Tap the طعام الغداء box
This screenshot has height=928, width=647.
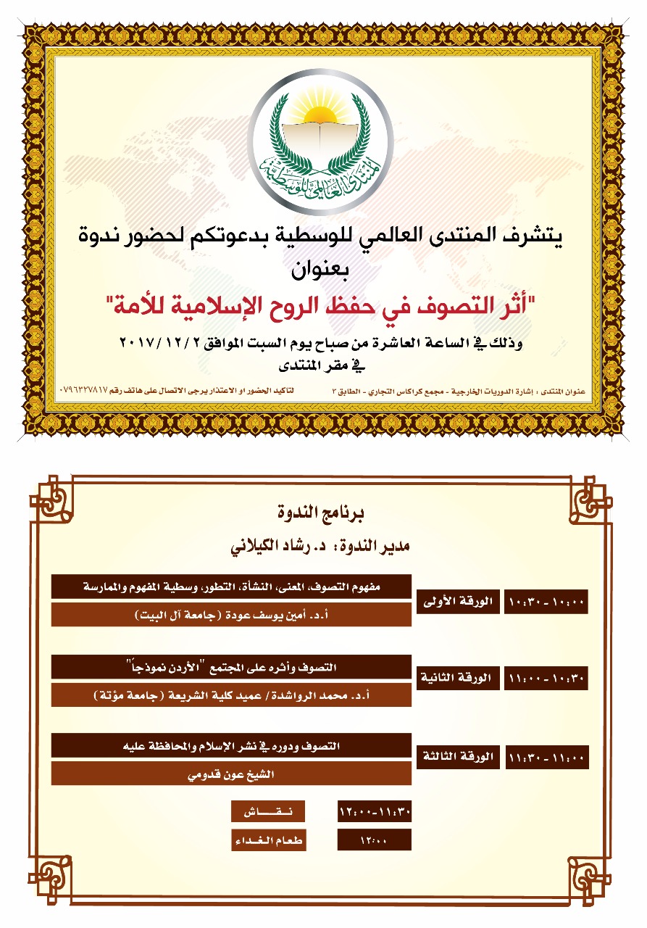tap(268, 840)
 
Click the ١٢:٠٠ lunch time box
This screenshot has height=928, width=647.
tap(375, 840)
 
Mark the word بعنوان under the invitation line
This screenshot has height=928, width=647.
tap(323, 273)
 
